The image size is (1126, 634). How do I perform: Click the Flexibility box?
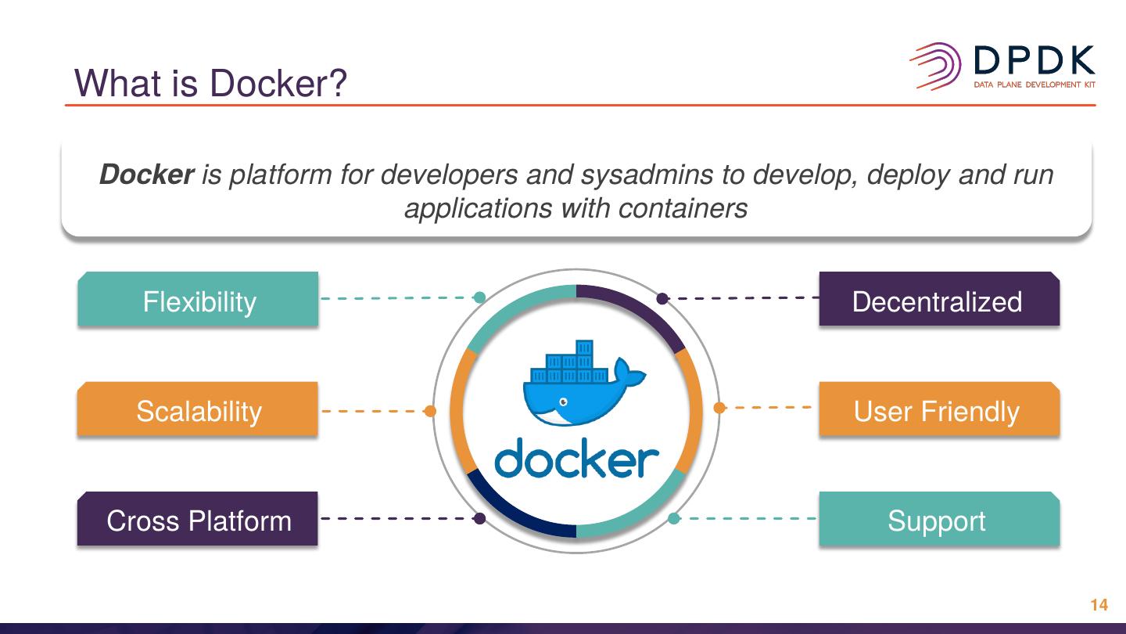point(198,301)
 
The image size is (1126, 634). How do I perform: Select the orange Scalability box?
point(198,411)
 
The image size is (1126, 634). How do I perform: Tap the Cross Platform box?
point(198,521)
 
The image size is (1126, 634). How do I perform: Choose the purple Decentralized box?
point(938,301)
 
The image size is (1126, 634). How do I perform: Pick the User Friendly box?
point(938,411)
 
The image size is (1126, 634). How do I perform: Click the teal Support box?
point(938,521)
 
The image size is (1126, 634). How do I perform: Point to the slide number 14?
point(1099,605)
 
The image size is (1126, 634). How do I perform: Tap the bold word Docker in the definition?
point(146,175)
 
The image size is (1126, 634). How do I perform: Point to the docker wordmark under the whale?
point(576,460)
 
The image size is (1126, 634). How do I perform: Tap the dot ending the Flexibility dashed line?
point(480,297)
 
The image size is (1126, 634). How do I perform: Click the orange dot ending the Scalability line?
point(429,411)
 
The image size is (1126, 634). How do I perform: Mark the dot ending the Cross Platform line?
point(480,518)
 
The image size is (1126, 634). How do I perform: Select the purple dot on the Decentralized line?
point(662,298)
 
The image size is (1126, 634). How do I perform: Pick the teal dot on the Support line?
point(673,518)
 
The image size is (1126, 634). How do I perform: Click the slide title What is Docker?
point(210,83)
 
